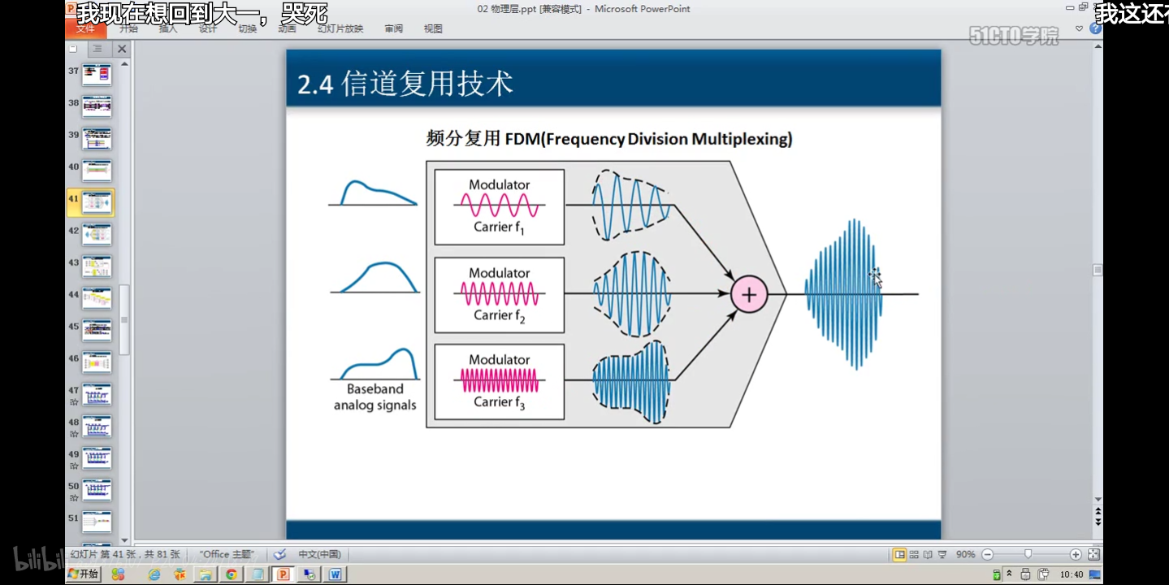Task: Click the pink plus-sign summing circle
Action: pyautogui.click(x=748, y=294)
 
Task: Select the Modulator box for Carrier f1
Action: pyautogui.click(x=499, y=206)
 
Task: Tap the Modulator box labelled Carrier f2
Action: pyautogui.click(x=499, y=295)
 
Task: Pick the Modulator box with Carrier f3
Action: pyautogui.click(x=499, y=381)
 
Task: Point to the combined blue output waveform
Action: pyautogui.click(x=844, y=294)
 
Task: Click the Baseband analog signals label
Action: pyautogui.click(x=375, y=397)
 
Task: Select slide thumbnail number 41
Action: pyautogui.click(x=97, y=202)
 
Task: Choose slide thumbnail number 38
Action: pyautogui.click(x=97, y=106)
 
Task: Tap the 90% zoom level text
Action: pyautogui.click(x=965, y=554)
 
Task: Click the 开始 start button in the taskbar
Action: pyautogui.click(x=84, y=574)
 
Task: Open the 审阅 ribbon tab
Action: pyautogui.click(x=394, y=28)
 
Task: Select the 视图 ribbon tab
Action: pyautogui.click(x=433, y=28)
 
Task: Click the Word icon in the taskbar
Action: pyautogui.click(x=335, y=574)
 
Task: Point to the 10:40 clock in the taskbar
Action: pyautogui.click(x=1072, y=574)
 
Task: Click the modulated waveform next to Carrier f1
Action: pyautogui.click(x=630, y=205)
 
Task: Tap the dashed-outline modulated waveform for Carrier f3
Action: pyautogui.click(x=630, y=381)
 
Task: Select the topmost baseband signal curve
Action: pyautogui.click(x=374, y=193)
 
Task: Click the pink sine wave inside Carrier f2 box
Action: pyautogui.click(x=499, y=293)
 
